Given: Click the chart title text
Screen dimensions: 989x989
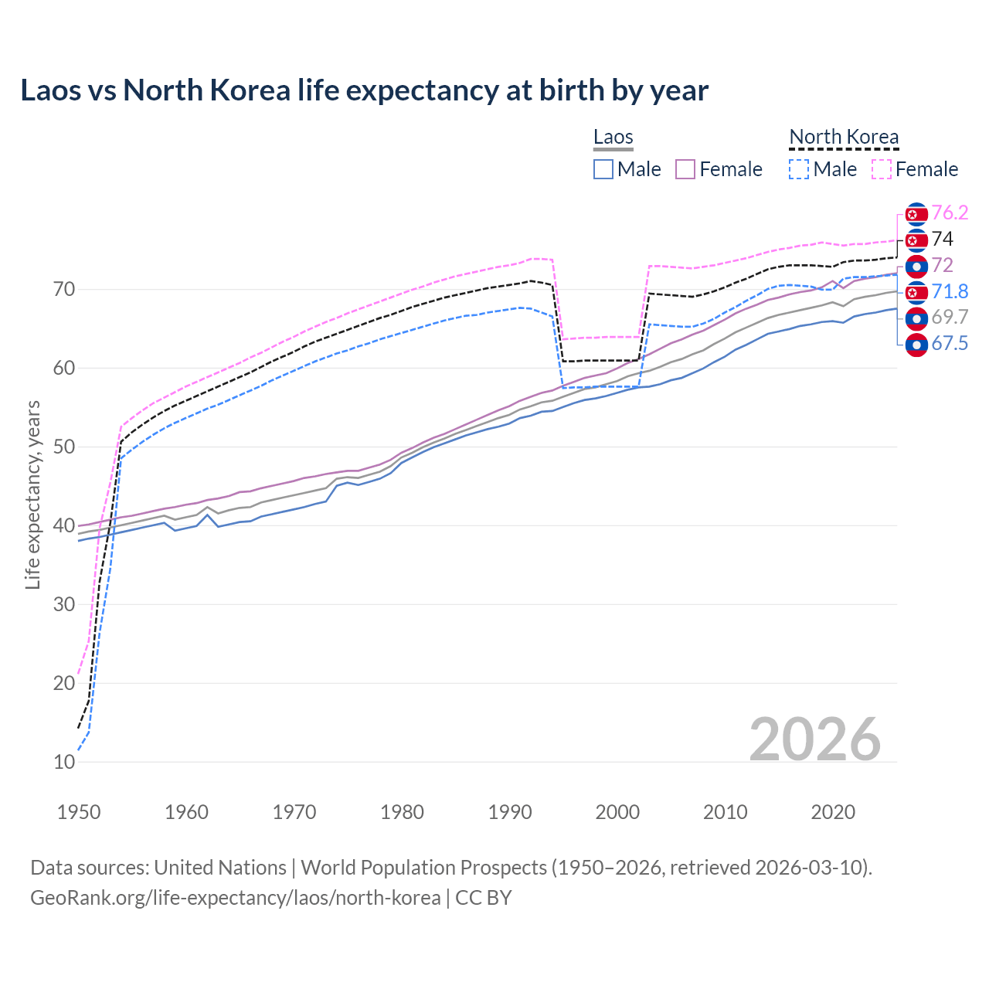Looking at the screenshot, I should point(364,90).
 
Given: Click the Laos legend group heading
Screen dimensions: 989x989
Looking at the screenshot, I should point(613,137).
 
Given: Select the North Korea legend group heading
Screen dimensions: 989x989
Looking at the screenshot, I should point(844,137).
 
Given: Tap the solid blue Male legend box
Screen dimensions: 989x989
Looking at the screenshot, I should point(603,169).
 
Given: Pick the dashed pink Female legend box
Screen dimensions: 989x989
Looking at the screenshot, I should point(882,169).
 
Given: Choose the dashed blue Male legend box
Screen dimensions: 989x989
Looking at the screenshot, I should point(799,169).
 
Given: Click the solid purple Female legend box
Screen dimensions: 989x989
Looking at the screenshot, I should point(685,169).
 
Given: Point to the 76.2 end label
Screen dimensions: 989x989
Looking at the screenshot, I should point(950,212).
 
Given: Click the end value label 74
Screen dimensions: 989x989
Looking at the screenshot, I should point(942,239).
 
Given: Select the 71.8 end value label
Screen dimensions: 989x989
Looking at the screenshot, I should point(950,291).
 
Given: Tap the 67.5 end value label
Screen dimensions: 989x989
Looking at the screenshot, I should point(950,344).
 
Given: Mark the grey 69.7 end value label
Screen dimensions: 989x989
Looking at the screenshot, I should point(950,318).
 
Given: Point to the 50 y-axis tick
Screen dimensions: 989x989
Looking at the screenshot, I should point(64,447).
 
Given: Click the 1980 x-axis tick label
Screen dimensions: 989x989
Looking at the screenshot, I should point(402,812).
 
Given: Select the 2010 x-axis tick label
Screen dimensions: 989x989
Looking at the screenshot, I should point(725,812).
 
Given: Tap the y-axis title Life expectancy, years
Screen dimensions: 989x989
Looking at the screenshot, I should point(32,494).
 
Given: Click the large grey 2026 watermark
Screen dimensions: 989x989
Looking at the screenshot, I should point(814,739).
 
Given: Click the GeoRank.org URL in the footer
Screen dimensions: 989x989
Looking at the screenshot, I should point(235,898).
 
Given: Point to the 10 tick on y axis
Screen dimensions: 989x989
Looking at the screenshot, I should point(64,762).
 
